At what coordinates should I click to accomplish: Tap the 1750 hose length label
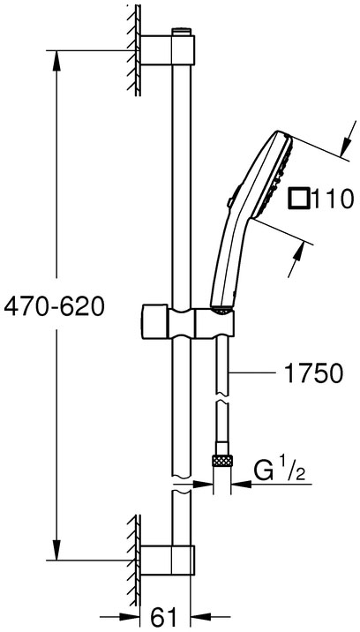pyautogui.click(x=313, y=373)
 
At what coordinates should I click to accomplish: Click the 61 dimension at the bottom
pyautogui.click(x=165, y=616)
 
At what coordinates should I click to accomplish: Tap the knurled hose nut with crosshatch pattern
pyautogui.click(x=222, y=461)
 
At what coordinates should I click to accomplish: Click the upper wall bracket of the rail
pyautogui.click(x=168, y=50)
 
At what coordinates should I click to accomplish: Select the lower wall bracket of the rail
pyautogui.click(x=168, y=561)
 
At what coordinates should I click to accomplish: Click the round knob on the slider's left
pyautogui.click(x=155, y=323)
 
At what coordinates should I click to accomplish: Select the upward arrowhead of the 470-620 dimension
pyautogui.click(x=56, y=60)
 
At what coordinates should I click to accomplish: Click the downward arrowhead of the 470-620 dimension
pyautogui.click(x=56, y=550)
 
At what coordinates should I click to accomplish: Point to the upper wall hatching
pyautogui.click(x=134, y=50)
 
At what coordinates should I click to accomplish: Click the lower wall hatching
pyautogui.click(x=134, y=561)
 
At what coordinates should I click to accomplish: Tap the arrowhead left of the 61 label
pyautogui.click(x=130, y=616)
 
